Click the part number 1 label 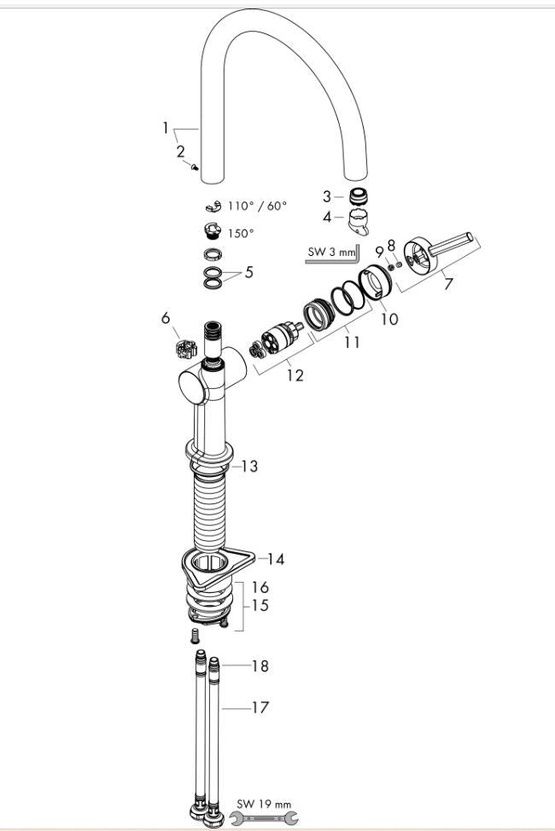166,128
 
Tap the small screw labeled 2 197,168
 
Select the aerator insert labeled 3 362,197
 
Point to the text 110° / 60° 257,206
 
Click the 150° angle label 241,233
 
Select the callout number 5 248,273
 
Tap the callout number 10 389,319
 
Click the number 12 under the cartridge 295,375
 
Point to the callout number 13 248,466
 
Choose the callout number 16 260,587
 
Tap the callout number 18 259,665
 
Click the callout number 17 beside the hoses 259,707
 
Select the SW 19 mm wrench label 265,805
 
